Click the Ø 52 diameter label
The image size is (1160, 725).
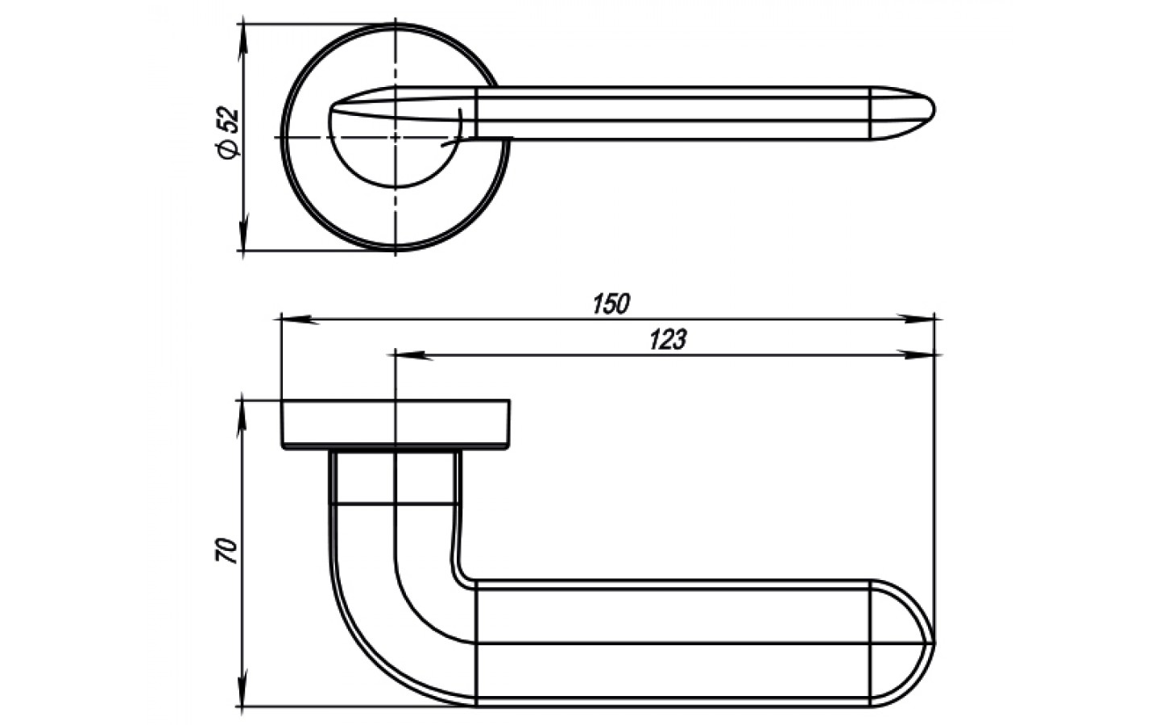point(227,133)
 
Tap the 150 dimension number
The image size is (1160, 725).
point(611,304)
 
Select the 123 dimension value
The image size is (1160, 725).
point(668,339)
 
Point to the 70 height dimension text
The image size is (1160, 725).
point(226,551)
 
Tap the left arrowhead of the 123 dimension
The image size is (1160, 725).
point(414,355)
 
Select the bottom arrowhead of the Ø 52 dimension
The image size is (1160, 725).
point(243,231)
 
